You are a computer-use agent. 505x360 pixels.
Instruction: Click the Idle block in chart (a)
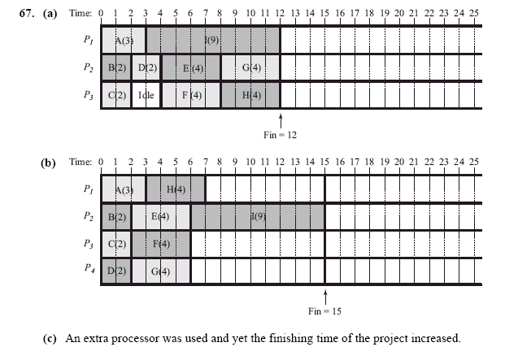coord(146,95)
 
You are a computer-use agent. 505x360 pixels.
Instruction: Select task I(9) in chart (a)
coord(213,40)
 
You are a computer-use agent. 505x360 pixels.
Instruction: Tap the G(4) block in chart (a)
coord(250,67)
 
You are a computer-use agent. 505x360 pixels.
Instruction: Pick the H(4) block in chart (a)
coord(250,95)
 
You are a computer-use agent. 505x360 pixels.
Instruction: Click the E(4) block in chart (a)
coord(191,67)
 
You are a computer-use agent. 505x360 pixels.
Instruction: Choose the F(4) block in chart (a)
coord(191,95)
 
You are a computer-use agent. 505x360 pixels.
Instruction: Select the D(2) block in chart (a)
coord(146,67)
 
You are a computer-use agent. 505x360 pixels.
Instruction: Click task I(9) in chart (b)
coord(257,217)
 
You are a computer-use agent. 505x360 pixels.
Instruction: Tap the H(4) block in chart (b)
coord(176,190)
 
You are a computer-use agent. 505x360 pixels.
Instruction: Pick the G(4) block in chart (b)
coord(161,270)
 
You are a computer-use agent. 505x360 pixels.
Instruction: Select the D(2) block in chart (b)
coord(116,270)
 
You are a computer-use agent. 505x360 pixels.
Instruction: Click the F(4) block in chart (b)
coord(161,243)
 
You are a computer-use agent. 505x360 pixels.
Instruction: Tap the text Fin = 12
coord(280,135)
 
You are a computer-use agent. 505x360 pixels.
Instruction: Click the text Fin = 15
coord(325,310)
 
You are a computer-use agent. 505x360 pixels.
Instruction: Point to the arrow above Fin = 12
coord(280,121)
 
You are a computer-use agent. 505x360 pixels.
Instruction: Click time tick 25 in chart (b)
coord(473,163)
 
